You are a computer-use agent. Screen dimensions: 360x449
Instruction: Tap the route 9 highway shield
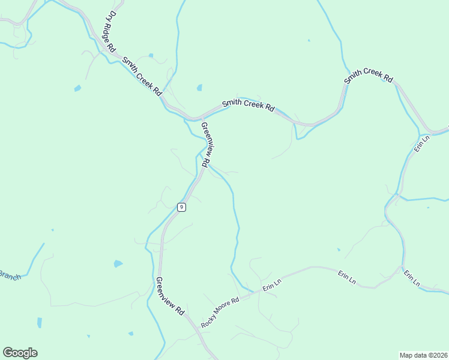pos(181,207)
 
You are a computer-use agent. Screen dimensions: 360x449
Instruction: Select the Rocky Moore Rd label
pos(220,312)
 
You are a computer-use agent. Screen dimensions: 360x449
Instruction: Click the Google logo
pos(20,353)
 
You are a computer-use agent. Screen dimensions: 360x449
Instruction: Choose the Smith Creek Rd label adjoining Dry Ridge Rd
pos(142,76)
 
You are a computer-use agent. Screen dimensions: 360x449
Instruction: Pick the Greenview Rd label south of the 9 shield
pos(169,297)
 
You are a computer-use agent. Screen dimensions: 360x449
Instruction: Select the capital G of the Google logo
pos(8,352)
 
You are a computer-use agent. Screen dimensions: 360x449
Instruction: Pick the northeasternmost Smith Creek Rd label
pos(368,76)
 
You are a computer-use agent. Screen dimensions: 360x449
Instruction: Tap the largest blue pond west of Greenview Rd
pos(118,263)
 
